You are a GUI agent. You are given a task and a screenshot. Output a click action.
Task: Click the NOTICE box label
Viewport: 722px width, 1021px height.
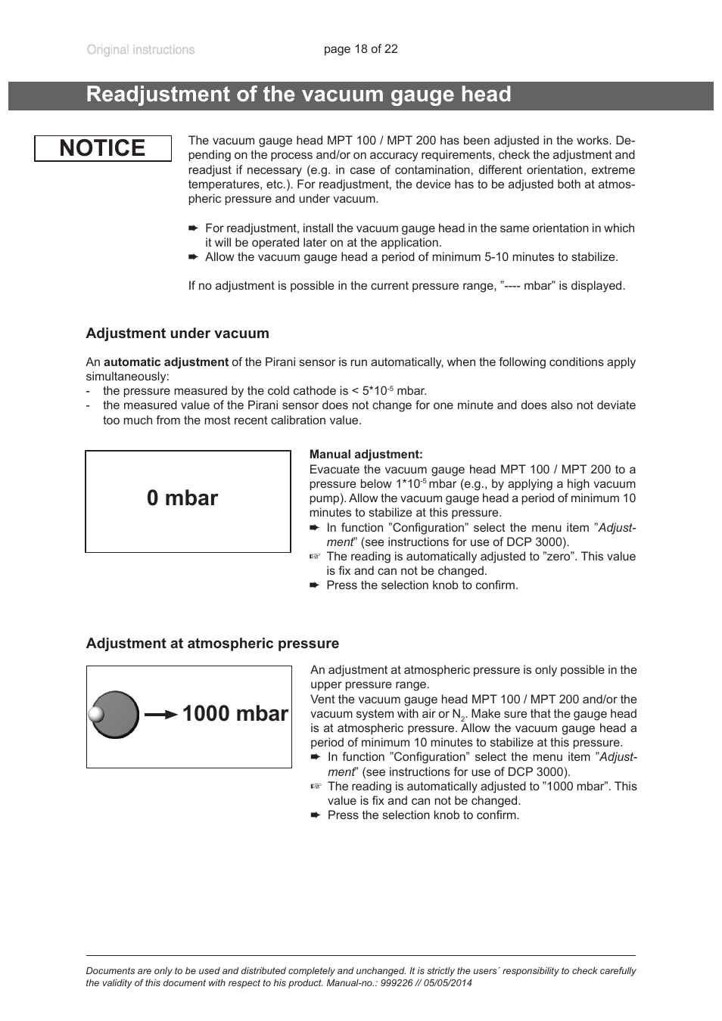point(102,148)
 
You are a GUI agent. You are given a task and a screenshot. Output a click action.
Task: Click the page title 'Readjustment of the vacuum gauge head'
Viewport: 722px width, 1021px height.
point(298,95)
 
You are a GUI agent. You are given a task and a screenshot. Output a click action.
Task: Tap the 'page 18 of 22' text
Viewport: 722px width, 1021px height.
point(360,49)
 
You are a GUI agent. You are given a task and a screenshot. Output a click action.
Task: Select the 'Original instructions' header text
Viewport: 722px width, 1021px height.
point(140,50)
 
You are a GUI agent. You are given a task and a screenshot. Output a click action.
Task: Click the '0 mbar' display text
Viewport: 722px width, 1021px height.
point(182,498)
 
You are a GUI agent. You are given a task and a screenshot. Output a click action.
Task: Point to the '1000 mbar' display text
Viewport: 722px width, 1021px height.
point(235,714)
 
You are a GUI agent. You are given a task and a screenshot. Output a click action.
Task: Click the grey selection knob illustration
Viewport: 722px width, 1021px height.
point(116,714)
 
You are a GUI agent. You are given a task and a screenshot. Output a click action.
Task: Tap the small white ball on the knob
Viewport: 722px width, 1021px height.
point(95,714)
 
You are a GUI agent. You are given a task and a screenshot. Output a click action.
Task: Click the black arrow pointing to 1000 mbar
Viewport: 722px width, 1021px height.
point(161,715)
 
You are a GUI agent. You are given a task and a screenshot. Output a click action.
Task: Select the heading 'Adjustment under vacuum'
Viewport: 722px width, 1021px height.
point(177,334)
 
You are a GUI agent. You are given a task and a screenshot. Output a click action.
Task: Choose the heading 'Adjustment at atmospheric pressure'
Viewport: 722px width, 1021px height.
point(212,644)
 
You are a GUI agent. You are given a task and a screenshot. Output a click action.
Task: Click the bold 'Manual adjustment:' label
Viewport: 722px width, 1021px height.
point(366,455)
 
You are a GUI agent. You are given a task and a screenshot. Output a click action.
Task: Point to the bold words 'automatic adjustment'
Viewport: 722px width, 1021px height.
point(166,362)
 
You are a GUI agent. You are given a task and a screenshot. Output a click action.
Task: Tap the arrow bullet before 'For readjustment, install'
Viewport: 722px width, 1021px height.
point(193,228)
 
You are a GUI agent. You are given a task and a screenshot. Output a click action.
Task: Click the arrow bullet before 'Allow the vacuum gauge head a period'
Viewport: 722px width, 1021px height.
point(193,257)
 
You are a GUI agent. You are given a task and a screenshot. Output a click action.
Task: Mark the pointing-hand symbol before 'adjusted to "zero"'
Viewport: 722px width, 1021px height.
point(315,557)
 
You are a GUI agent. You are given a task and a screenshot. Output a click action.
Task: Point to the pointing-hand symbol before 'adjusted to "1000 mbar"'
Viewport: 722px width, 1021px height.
point(316,787)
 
